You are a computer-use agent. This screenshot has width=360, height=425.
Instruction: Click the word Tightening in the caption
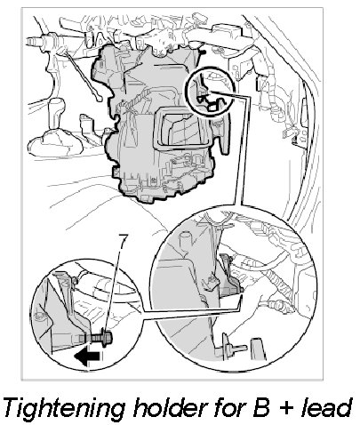64,409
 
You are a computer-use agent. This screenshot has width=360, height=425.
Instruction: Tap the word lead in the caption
325,407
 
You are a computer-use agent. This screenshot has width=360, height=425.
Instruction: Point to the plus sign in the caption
285,408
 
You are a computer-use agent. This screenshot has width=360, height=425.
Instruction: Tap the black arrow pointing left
88,357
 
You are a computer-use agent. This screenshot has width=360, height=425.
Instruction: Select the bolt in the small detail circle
99,337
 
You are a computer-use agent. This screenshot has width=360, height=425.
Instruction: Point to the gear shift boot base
56,144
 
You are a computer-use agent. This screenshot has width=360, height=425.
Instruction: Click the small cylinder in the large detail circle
184,241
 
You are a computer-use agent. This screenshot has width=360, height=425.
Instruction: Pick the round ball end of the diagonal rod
99,98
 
